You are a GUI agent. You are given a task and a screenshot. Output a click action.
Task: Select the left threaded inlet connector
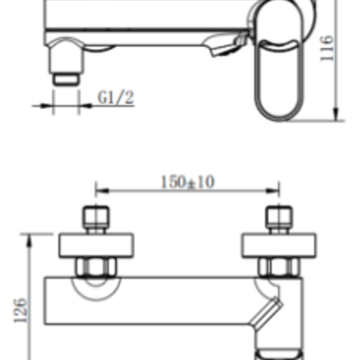94,219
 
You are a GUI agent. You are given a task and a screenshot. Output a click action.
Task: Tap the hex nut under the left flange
94,266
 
